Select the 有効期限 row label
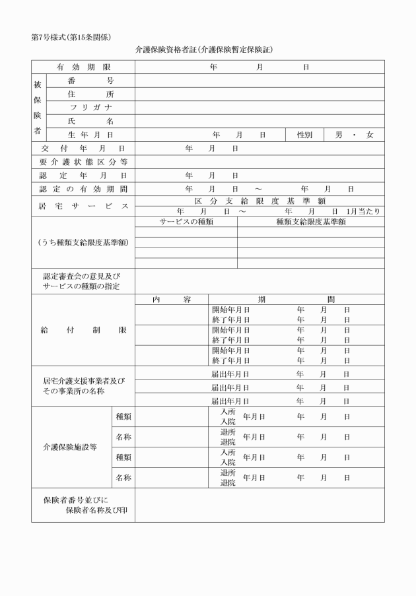83,67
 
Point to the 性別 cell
304,135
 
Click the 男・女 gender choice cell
354,135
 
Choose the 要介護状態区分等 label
83,162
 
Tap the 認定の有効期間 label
83,189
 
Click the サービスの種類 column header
186,222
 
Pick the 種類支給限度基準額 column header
311,222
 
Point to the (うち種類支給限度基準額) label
83,242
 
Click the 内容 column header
172,299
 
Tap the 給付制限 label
83,330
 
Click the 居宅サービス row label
83,207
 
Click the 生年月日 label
90,135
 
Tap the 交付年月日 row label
83,149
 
